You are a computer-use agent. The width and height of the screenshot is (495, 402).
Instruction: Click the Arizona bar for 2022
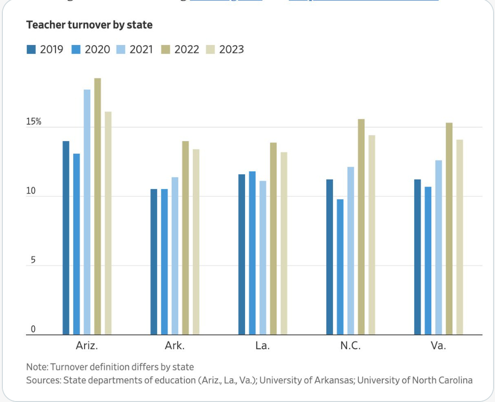pos(97,206)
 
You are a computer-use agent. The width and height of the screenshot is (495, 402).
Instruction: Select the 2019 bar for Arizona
pos(66,238)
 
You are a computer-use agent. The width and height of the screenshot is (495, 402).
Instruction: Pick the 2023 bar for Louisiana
pos(284,243)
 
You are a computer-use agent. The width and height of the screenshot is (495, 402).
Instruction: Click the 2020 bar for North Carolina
pos(340,267)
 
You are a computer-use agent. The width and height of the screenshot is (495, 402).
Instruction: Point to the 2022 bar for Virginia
pos(449,229)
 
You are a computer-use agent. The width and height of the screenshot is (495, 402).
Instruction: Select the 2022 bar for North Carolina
pos(361,227)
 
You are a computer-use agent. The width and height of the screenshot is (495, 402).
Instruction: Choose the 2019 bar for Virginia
pos(418,257)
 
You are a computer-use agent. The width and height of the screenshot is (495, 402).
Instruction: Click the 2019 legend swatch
pos(31,49)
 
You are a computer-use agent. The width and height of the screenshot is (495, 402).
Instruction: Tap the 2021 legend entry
pos(135,49)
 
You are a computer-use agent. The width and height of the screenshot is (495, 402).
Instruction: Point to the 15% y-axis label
pos(34,122)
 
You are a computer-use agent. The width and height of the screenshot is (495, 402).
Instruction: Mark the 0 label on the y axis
pos(33,329)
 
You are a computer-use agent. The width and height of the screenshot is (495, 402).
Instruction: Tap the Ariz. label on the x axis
pos(87,346)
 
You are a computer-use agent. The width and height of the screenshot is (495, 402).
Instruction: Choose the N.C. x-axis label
pos(351,346)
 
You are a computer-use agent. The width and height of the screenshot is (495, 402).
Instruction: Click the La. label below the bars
pos(262,346)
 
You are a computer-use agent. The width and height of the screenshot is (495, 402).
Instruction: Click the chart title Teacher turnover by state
pos(89,25)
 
